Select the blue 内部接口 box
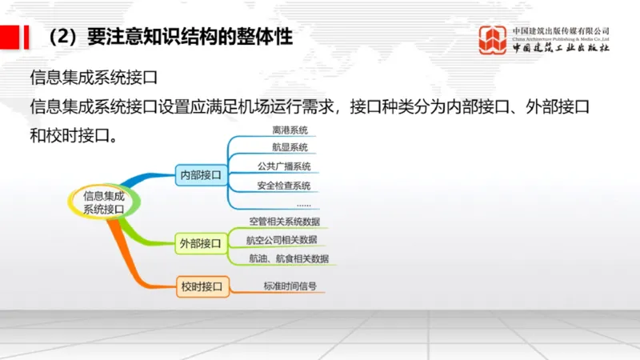click(201, 174)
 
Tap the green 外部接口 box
click(201, 242)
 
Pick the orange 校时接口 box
click(201, 286)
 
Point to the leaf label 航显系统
click(290, 148)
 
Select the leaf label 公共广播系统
click(284, 167)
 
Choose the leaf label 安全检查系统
click(284, 186)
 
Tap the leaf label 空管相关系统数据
click(285, 222)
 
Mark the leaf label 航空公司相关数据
click(282, 240)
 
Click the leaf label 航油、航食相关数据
click(288, 259)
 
